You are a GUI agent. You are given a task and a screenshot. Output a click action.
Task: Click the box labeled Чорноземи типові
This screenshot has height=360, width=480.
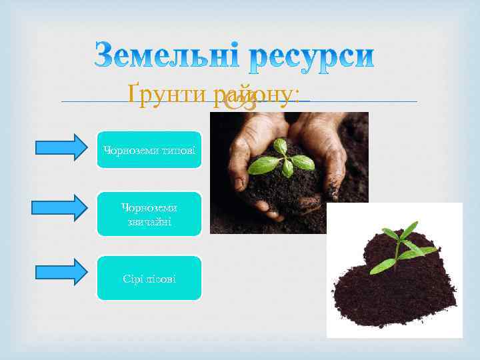pos(149,149)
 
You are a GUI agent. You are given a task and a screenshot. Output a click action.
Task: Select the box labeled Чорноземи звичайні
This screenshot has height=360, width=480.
pos(149,214)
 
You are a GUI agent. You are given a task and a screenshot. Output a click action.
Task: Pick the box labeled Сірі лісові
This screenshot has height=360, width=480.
pos(149,278)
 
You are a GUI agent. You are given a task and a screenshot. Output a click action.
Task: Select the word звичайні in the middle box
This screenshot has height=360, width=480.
pos(149,221)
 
